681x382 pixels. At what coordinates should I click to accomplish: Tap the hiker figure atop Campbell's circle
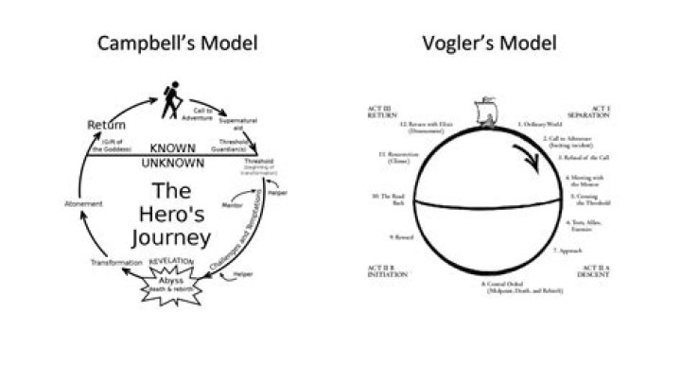(x=171, y=99)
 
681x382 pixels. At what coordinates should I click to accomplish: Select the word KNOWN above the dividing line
(x=178, y=149)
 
